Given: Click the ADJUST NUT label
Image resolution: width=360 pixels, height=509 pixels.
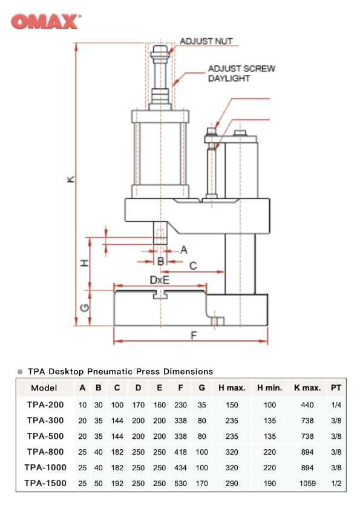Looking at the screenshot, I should point(206,41).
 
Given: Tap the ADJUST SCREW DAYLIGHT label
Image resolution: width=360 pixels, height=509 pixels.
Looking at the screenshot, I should point(241,73).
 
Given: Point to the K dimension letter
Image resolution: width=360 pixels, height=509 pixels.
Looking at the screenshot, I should point(70,179).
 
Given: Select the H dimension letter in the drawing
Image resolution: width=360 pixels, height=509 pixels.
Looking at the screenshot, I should point(85,263).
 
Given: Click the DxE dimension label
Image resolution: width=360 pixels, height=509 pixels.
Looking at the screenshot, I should point(160,280).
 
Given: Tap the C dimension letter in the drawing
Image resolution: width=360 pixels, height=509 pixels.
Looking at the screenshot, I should point(193,265).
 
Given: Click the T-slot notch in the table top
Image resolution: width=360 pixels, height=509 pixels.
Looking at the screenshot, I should point(160,294).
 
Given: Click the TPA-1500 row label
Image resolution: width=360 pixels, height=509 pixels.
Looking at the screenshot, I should point(45,483).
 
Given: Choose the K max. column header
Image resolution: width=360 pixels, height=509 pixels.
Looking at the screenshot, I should point(307,388).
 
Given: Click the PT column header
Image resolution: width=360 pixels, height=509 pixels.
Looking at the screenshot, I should point(336,388).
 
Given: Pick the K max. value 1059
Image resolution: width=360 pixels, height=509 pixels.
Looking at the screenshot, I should point(307,484).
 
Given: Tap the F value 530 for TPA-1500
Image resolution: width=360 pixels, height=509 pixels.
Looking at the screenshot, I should point(180,484).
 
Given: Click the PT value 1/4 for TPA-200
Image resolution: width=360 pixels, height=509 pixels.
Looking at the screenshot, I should point(336,404).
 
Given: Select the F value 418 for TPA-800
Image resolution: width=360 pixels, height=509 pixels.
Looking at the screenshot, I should point(180,452).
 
